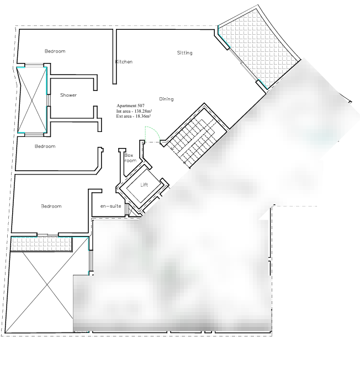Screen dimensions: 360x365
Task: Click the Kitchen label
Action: pos(124,62)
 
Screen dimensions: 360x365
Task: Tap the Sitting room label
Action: pos(185,53)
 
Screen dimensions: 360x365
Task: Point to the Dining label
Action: pos(166,99)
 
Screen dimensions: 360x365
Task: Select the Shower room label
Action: pos(68,95)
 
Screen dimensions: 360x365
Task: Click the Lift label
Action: pos(144,184)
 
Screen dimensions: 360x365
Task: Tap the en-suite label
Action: pos(111,206)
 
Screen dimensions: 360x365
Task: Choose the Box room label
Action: pos(130,158)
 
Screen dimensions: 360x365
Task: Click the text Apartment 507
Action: pos(130,105)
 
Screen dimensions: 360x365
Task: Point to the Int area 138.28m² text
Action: pos(134,111)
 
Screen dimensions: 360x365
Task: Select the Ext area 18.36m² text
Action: pos(134,116)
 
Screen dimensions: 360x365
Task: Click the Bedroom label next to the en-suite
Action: pos(51,206)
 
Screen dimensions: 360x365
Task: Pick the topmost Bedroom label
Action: pos(55,51)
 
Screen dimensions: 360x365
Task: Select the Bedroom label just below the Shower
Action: pos(45,146)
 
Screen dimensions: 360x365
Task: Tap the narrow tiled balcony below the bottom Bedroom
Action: pos(41,244)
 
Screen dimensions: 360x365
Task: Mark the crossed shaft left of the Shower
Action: pos(32,100)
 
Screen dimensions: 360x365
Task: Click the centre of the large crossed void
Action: pos(47,285)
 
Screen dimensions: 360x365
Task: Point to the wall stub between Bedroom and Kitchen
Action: pos(114,56)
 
